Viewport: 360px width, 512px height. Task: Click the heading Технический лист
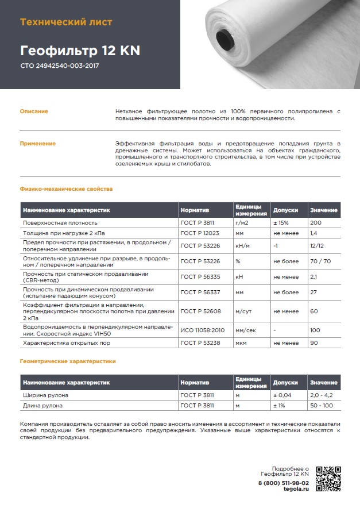[x=66, y=22]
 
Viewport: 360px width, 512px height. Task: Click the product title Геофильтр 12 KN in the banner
[x=80, y=51]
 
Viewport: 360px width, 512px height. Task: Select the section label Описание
[x=34, y=111]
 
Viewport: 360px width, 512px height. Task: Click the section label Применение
[x=38, y=143]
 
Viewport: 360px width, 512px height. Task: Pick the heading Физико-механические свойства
[x=66, y=188]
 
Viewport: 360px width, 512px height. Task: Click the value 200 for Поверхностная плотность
[x=315, y=222]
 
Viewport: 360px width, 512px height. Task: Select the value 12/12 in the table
[x=317, y=246]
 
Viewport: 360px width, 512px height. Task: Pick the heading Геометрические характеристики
[x=68, y=361]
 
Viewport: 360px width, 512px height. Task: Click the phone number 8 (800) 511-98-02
[x=284, y=483]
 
